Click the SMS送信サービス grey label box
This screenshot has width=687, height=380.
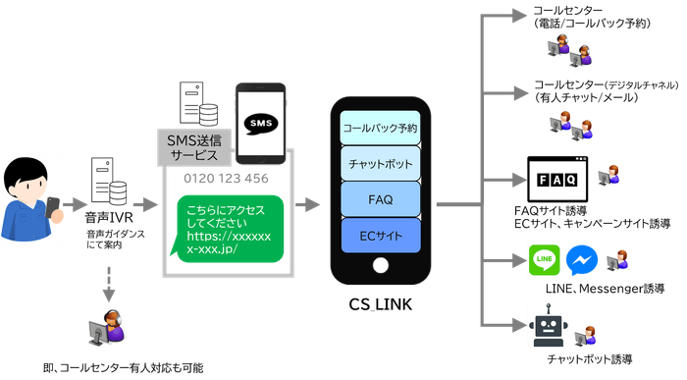coord(193,148)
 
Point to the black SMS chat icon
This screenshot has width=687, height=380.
coord(259,124)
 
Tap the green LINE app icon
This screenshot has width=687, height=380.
coord(545,259)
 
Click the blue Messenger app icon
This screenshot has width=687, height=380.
coord(582,259)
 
